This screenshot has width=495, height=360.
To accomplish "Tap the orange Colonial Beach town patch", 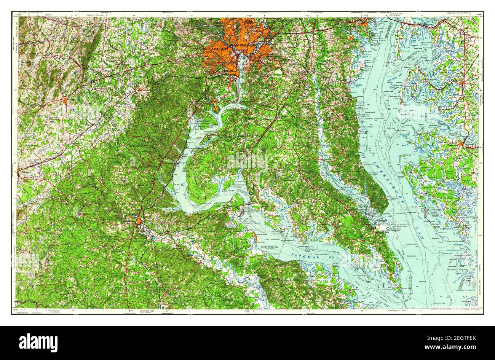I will tap(254, 237).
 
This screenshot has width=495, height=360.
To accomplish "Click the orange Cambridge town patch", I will tap(461, 143).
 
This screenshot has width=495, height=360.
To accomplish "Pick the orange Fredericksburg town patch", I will tap(139, 220).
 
